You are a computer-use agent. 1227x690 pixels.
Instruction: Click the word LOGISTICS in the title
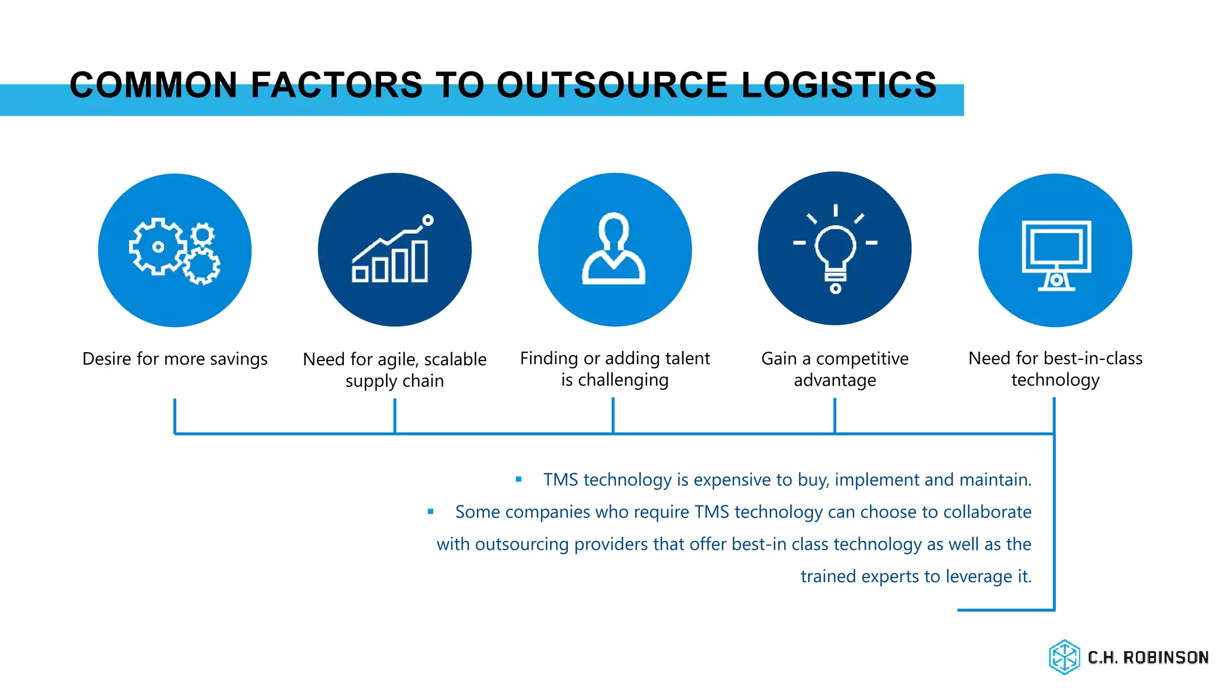click(839, 85)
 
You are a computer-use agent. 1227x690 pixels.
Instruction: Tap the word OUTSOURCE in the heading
click(612, 85)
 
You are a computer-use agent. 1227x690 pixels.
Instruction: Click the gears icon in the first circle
click(174, 250)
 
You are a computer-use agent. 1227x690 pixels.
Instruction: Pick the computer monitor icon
click(1056, 255)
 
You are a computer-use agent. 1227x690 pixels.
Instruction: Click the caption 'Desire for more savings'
click(174, 359)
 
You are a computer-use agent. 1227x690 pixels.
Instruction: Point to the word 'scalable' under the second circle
click(455, 359)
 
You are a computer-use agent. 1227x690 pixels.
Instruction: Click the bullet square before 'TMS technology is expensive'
click(519, 479)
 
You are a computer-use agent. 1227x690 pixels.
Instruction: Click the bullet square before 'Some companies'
click(430, 512)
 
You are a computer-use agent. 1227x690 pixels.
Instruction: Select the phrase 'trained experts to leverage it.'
click(915, 576)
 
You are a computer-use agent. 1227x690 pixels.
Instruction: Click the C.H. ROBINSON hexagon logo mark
click(1064, 657)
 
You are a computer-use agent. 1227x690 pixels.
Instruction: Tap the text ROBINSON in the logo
click(1165, 658)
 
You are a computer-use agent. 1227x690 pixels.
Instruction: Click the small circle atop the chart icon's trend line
click(428, 220)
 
